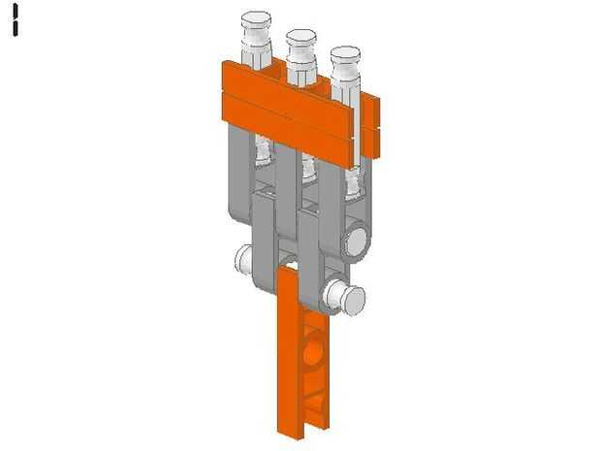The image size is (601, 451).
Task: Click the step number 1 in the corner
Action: pyautogui.click(x=16, y=20)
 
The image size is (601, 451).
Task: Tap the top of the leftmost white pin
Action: pyautogui.click(x=256, y=18)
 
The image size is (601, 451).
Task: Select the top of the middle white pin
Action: pyautogui.click(x=301, y=37)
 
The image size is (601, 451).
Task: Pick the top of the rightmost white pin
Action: pyautogui.click(x=345, y=53)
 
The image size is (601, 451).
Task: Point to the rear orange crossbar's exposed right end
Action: pyautogui.click(x=371, y=126)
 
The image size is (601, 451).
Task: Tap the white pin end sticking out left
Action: pyautogui.click(x=243, y=259)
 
